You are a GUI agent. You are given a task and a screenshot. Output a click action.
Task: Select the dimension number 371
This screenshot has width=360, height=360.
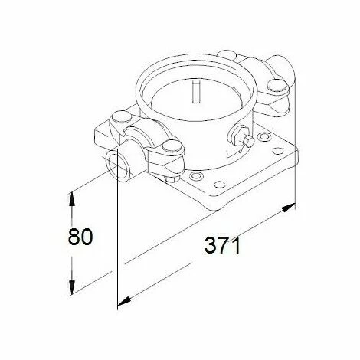tap(223, 247)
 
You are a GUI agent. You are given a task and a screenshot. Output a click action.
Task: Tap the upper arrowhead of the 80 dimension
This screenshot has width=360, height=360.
tap(71, 196)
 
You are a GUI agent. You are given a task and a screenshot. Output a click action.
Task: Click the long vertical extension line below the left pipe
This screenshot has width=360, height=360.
tap(116, 245)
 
